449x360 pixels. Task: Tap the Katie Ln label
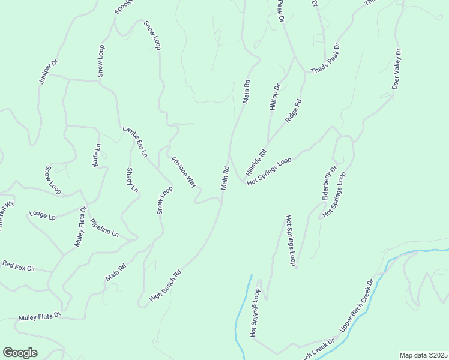pos(97,155)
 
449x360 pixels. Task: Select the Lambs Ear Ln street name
pos(135,142)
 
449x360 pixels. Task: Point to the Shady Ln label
pos(132,180)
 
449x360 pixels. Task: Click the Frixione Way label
pos(184,172)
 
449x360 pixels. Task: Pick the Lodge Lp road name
pos(42,214)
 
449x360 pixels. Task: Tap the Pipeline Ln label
pos(104,227)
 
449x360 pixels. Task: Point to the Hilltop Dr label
pos(275,97)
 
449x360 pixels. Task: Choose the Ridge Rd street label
pos(293,111)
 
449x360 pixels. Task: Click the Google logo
pos(20,353)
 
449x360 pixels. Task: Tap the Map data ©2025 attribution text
pos(423,355)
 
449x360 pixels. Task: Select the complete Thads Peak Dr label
pos(325,59)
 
